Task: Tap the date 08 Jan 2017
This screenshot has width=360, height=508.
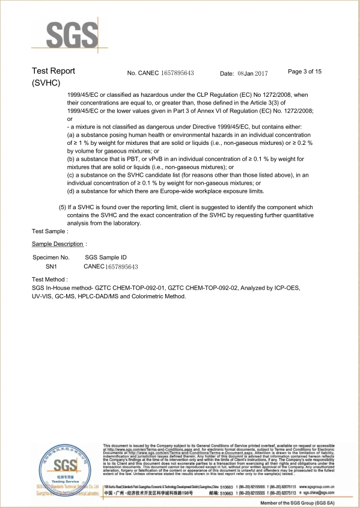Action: click(x=252, y=73)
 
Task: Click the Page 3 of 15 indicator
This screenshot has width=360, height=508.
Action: click(x=305, y=72)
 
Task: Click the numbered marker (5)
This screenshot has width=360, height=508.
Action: click(x=62, y=207)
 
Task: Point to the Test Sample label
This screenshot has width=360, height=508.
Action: click(x=50, y=231)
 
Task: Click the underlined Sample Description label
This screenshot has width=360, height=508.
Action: click(x=58, y=244)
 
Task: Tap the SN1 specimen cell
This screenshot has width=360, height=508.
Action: click(x=51, y=266)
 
